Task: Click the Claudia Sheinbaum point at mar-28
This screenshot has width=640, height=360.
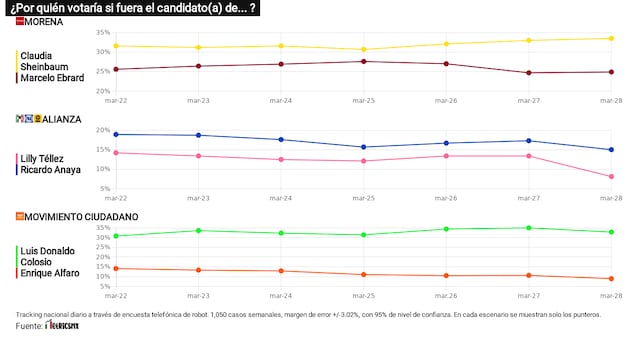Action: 610,39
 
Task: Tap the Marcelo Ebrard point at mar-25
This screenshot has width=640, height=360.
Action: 364,61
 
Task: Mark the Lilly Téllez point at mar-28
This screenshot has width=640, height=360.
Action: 610,176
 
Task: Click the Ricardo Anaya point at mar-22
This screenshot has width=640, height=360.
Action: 116,134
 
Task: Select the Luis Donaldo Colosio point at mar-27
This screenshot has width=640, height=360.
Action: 528,228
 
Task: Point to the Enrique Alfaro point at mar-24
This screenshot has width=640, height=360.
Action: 281,271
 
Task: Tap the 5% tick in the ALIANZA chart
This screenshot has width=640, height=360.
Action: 104,187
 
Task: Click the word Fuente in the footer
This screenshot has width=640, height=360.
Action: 29,326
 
